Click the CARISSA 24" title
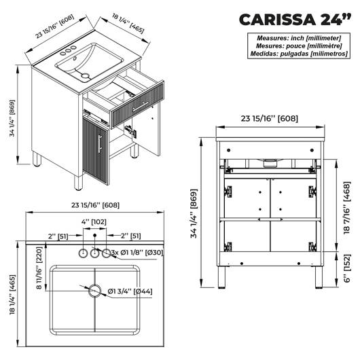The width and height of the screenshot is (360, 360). tap(295, 20)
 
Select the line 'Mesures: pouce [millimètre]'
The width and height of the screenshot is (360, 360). tap(299, 46)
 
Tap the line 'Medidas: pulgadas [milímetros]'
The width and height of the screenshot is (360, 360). tap(299, 54)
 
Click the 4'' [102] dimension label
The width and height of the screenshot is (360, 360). tap(94, 222)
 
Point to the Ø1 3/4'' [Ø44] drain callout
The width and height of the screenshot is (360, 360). tap(130, 291)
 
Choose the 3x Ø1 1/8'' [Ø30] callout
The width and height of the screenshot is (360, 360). tap(137, 253)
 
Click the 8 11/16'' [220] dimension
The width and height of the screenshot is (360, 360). tap(39, 268)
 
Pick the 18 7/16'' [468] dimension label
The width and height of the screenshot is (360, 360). tap(347, 208)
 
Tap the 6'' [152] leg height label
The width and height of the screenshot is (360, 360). tap(348, 268)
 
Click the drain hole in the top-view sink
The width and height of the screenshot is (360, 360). tap(95, 291)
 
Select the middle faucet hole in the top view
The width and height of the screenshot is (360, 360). tap(94, 253)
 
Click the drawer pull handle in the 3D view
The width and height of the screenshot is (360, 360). tap(141, 107)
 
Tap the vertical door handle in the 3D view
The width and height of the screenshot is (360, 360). tap(100, 144)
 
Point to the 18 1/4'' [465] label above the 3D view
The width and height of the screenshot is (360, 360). tap(128, 23)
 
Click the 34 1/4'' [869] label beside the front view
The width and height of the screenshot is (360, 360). tap(194, 213)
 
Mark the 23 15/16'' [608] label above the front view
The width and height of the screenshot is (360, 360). tap(270, 118)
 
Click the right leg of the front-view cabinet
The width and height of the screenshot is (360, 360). tap(319, 277)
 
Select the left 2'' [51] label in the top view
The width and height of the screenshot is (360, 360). tap(58, 236)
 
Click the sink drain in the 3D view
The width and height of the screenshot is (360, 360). tap(86, 75)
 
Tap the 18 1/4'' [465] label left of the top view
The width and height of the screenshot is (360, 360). tap(12, 295)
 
